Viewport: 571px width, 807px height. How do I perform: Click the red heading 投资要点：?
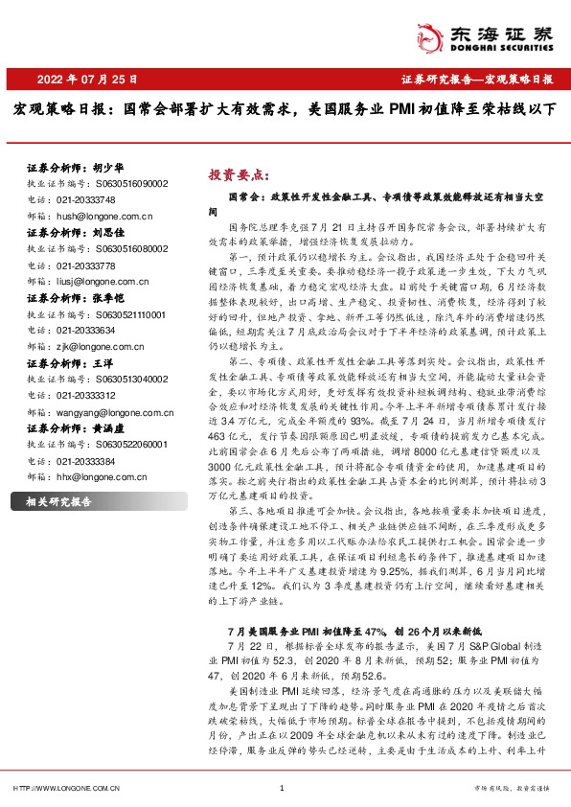(240, 175)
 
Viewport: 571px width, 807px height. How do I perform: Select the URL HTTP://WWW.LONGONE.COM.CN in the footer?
(67, 789)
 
